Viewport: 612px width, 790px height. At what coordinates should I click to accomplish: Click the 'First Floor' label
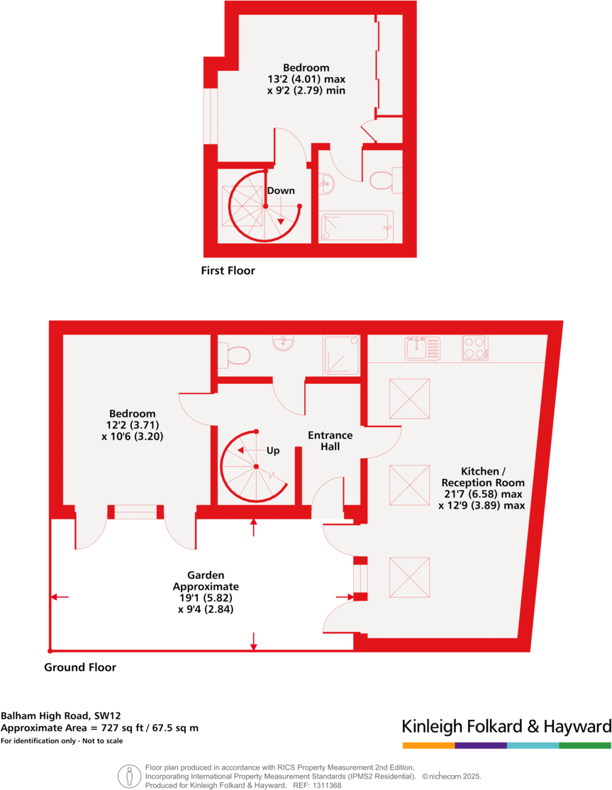click(228, 271)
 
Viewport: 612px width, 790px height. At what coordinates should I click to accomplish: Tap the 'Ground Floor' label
click(80, 667)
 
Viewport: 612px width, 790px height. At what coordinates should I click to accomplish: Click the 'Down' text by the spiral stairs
click(281, 191)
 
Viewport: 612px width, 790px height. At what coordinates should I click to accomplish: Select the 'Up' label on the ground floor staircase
click(273, 451)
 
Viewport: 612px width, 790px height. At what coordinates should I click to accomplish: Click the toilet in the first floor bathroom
click(382, 180)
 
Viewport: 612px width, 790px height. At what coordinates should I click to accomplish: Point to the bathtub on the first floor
click(357, 227)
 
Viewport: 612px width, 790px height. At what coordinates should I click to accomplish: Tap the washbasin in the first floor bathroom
click(326, 184)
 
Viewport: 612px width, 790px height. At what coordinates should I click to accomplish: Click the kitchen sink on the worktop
click(422, 348)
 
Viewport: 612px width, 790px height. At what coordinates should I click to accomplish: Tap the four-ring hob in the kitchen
click(474, 347)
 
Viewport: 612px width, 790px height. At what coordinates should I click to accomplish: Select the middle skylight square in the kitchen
click(410, 485)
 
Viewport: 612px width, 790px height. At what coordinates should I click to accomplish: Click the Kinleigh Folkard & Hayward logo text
click(506, 726)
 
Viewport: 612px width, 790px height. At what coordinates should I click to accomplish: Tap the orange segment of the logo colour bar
click(428, 745)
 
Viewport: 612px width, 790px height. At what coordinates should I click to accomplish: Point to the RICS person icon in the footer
click(128, 776)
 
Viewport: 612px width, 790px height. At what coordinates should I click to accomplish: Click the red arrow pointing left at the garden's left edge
click(60, 598)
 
